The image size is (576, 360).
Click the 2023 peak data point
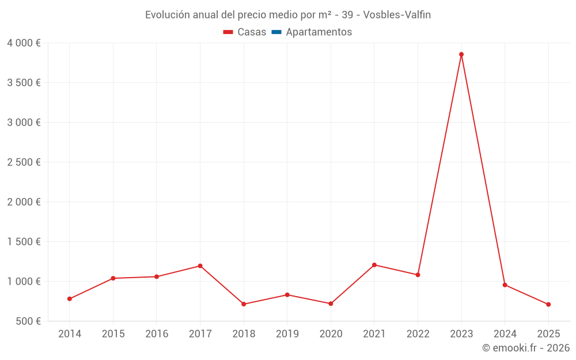461,55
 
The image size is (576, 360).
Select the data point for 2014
70,299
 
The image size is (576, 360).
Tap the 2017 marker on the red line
200,266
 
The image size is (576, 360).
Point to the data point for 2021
374,265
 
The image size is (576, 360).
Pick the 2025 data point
548,304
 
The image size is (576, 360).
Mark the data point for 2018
244,304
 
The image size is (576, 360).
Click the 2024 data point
505,285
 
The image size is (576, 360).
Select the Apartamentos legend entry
319,32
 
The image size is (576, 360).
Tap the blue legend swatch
276,32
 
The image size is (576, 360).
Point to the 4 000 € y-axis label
24,43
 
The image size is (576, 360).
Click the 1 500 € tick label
24,242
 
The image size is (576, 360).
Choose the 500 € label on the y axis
28,321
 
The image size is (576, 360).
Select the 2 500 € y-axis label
24,162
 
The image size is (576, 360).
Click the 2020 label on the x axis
331,334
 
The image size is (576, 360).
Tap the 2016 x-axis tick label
157,334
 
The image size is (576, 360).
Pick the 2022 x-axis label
418,334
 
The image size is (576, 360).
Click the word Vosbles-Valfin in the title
397,15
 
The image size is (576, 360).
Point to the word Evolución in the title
166,15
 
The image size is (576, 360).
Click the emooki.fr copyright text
526,348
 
